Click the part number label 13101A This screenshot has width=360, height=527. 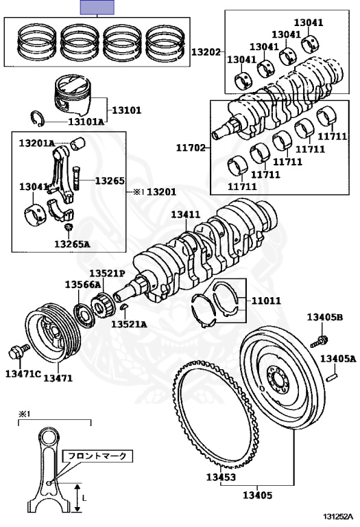pos(86,121)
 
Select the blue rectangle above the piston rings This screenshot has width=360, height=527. pos(97,7)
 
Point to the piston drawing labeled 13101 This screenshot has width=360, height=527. pos(72,96)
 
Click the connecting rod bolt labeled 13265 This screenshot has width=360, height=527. pos(77,178)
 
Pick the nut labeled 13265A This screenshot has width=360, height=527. pos(69,227)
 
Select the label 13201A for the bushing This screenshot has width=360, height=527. pos(36,143)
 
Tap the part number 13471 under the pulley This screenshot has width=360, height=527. pos(58,378)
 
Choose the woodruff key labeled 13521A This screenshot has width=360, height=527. pos(124,306)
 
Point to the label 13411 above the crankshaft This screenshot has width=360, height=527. pos(186,214)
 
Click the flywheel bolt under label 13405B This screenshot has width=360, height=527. pos(318,341)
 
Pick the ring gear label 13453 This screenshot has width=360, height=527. pos(221,477)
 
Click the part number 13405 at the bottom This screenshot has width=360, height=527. pos(258,495)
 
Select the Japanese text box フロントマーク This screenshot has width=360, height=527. pos(97,456)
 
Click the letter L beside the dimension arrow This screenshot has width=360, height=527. pos(84,497)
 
